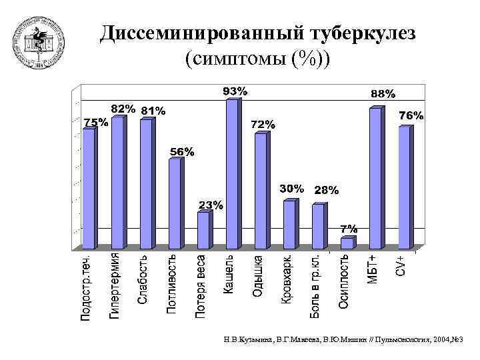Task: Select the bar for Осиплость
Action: (347, 243)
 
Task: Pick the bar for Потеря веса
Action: (203, 230)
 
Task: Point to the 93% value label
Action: (235, 91)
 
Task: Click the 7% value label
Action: (349, 229)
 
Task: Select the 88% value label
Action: (383, 94)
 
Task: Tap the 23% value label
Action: (210, 205)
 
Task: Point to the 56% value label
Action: (181, 152)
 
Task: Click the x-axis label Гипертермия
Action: (115, 285)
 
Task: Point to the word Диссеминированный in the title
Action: (199, 33)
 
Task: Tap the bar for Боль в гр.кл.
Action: (318, 227)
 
